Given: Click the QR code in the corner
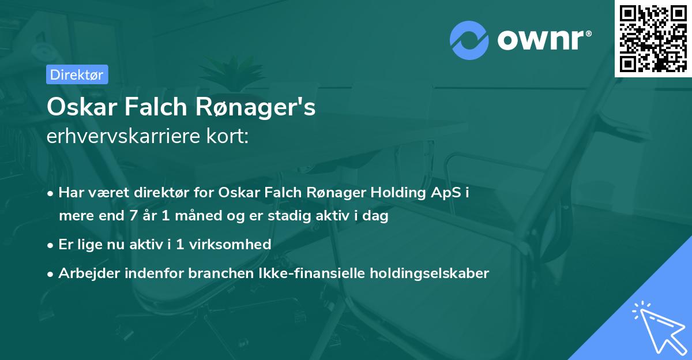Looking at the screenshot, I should click(653, 39).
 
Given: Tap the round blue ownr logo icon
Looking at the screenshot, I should click(469, 40).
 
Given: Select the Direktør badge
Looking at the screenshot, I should click(77, 74).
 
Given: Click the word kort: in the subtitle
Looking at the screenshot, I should click(228, 136).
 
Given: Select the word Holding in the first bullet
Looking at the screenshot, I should click(396, 193).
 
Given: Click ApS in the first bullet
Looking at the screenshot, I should click(444, 193).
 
